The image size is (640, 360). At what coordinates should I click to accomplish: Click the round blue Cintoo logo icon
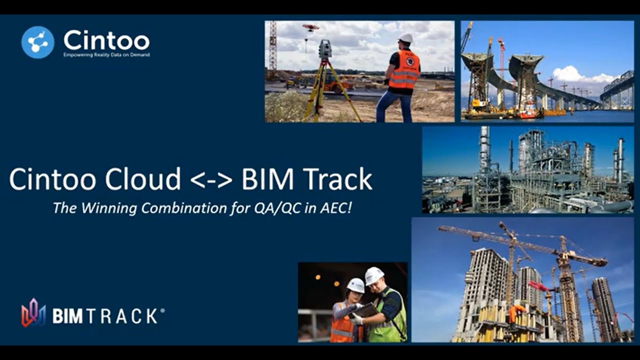click(x=37, y=42)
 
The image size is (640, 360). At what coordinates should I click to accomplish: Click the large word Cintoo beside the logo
click(x=106, y=40)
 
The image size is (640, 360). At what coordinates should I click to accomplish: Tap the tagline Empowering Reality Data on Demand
click(x=106, y=54)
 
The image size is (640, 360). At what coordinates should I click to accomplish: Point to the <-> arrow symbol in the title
click(x=211, y=180)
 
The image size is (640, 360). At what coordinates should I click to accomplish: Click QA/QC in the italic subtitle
click(x=277, y=208)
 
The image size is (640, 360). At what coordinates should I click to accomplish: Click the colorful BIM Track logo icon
click(x=33, y=312)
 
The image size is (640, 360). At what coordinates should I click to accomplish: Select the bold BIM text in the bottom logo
click(x=67, y=316)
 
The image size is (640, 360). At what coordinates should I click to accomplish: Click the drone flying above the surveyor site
click(x=311, y=27)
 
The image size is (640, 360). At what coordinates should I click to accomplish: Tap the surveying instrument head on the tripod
click(x=325, y=49)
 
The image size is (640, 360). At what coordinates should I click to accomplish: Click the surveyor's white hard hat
click(x=405, y=38)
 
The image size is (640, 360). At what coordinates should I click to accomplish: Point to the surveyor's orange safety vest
click(x=404, y=69)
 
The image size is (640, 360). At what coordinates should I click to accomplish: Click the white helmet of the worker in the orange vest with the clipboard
click(x=355, y=285)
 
